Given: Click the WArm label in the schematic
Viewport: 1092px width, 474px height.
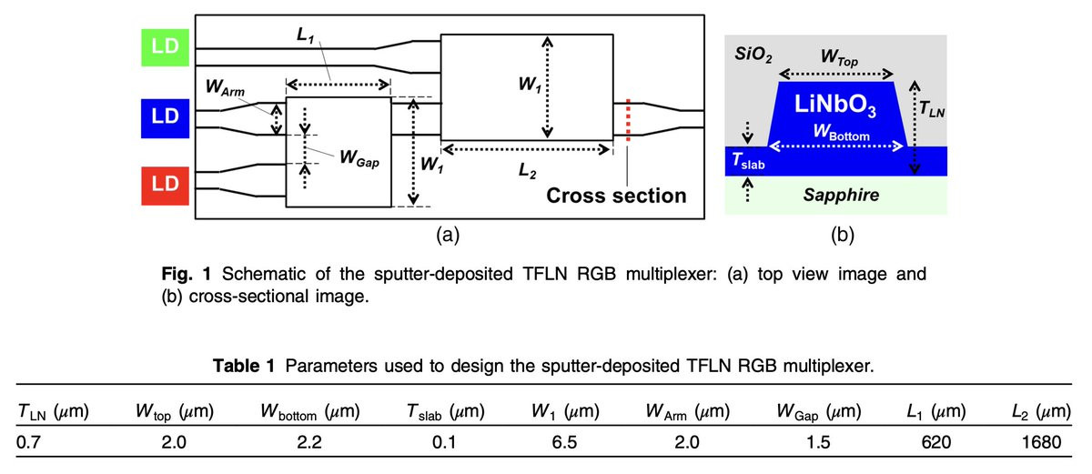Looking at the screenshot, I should tap(226, 89).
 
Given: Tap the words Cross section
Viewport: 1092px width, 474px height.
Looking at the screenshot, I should tap(616, 196).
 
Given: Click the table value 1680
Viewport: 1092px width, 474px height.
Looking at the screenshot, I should tap(1041, 443).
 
